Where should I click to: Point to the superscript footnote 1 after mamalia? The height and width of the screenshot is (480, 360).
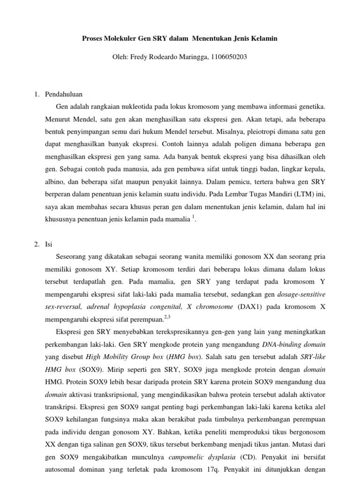coord(193,215)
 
